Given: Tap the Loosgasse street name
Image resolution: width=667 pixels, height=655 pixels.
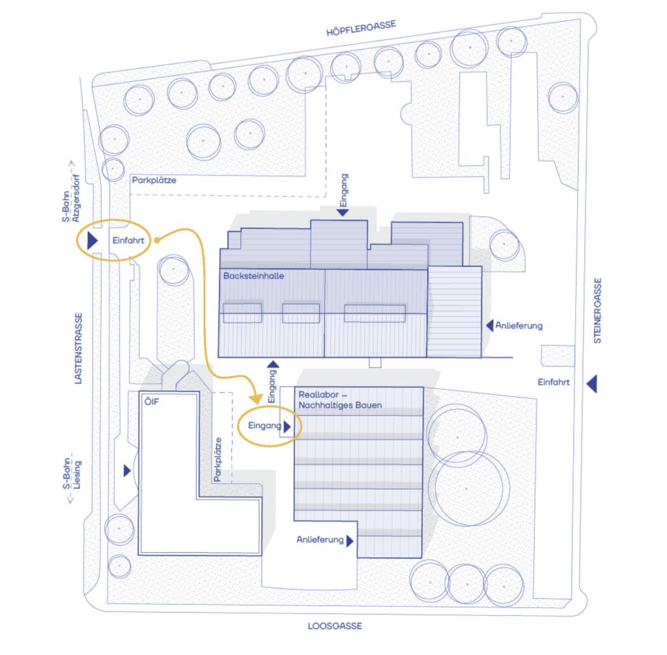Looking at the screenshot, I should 334,626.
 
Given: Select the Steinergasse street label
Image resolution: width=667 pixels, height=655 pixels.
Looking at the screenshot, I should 597,311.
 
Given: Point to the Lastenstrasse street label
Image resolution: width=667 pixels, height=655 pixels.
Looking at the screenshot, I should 79,348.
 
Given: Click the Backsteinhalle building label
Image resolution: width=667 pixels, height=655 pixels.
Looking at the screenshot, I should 253,276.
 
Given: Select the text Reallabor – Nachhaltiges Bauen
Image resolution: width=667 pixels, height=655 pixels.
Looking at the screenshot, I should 339,400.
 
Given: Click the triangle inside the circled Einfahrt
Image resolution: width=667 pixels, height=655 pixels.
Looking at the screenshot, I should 92,240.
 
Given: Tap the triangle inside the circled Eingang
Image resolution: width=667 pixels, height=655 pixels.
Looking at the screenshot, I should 287,427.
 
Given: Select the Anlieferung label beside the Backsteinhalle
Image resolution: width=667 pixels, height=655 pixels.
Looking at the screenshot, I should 518,325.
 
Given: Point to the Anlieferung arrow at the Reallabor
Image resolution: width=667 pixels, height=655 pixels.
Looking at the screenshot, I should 350,540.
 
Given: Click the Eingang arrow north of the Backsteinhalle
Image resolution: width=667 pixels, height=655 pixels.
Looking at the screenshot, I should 343,212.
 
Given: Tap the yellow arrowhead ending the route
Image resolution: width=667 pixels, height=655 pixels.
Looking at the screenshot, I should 257,397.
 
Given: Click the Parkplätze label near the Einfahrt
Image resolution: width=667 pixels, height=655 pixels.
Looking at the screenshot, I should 154,180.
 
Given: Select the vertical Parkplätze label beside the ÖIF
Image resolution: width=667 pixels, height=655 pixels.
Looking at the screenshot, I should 218,459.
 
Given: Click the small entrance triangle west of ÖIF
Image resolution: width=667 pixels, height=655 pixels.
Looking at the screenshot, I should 126,471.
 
